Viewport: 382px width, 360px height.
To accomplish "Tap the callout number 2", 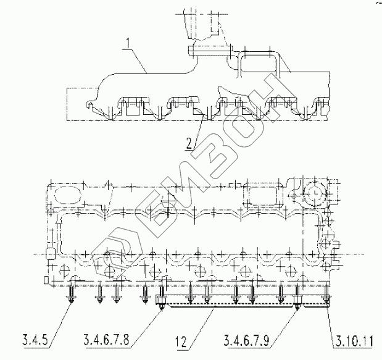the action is coord(189,144).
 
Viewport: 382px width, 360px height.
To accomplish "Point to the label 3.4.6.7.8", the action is coord(107,340).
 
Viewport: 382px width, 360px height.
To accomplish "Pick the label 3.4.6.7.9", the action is coord(247,340).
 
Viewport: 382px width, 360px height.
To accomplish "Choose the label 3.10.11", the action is coord(354,341).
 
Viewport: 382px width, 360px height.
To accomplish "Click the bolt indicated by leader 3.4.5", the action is coord(71,295).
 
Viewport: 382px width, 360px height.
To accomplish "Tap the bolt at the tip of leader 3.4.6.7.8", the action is coord(161,298).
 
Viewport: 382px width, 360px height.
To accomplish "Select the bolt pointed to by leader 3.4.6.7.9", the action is coord(297,298).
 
